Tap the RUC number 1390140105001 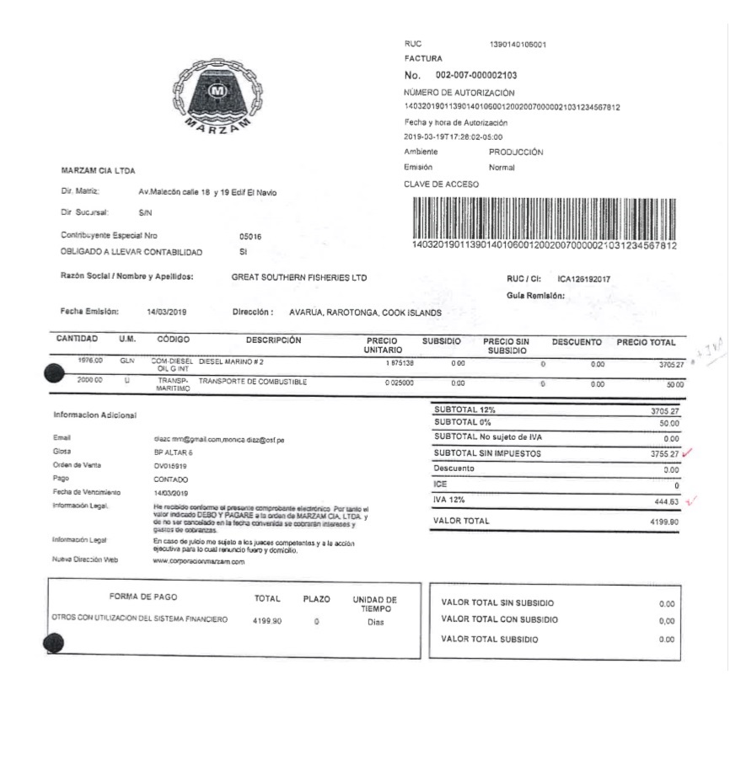pos(518,44)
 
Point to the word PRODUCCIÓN pos(516,153)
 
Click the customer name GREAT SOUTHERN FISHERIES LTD pos(298,277)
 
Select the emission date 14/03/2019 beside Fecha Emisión pos(166,312)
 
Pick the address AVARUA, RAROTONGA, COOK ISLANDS pos(365,313)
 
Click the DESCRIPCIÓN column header pos(273,340)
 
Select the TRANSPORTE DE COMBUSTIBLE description pos(253,382)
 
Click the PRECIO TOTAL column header pos(646,343)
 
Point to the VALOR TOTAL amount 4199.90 pos(664,522)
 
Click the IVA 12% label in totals pos(449,501)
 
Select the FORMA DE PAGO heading pos(142,597)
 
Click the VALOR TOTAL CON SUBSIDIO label pos(499,620)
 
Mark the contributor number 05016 pos(250,237)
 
